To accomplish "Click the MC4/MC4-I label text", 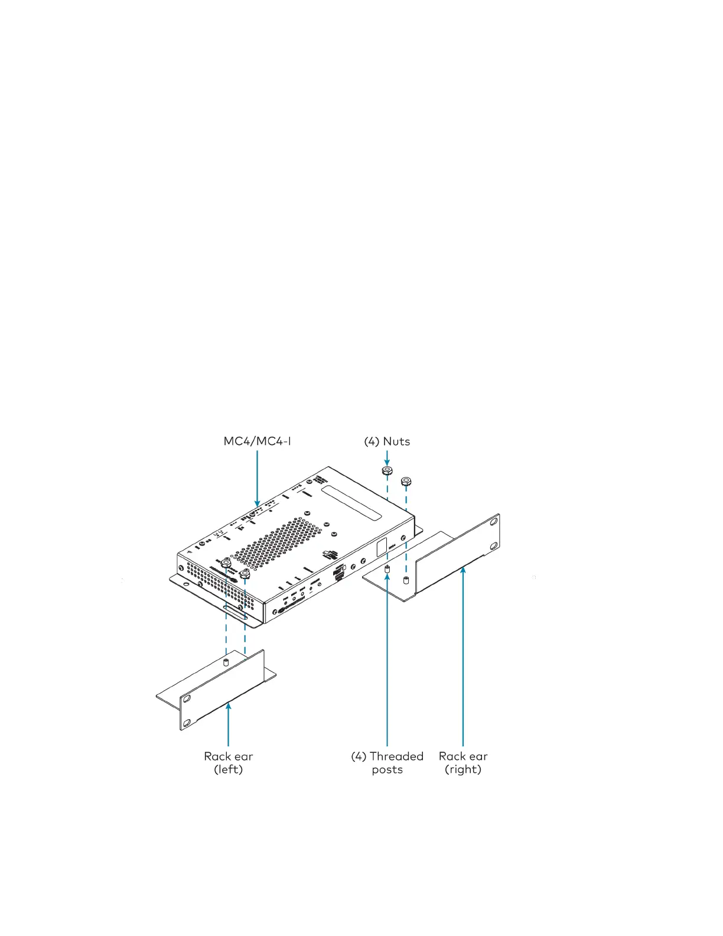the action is [x=257, y=441].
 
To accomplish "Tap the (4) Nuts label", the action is [x=387, y=441].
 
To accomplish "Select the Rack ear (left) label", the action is [x=229, y=762].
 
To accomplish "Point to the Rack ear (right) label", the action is [x=463, y=762].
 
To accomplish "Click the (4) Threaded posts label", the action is [x=387, y=762].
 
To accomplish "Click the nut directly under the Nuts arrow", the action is [x=387, y=471].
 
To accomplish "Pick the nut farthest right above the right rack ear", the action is [x=406, y=482].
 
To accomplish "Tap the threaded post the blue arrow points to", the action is [x=387, y=569].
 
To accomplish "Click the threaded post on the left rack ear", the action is [x=226, y=661].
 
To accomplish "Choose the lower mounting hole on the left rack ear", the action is [x=187, y=722].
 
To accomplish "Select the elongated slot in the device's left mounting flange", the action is [x=235, y=612].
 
